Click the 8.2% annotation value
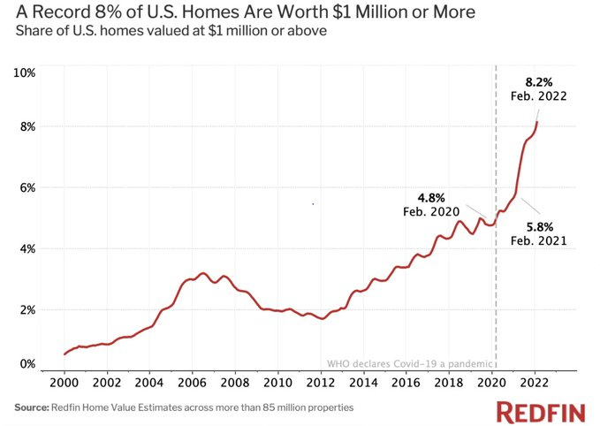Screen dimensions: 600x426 tap(538, 82)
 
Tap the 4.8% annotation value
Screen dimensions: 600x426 tap(431, 198)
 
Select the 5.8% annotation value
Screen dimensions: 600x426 tap(540, 227)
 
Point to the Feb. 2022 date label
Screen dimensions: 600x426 tap(538, 95)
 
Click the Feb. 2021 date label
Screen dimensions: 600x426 tap(538, 240)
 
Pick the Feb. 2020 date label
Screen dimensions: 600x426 tap(431, 211)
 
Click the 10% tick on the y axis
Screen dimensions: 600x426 tap(25, 72)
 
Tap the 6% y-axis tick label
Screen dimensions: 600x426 tap(27, 187)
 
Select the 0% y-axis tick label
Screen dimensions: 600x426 tap(27, 363)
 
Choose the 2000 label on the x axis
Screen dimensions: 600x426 tap(65, 383)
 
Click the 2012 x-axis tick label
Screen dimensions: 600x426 tap(321, 383)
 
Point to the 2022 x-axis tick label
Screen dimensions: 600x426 tap(535, 383)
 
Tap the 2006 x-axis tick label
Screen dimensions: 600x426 tap(193, 383)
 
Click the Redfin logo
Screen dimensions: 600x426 tap(541, 412)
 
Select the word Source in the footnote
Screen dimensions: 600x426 tap(32, 407)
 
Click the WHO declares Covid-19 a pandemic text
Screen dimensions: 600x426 tap(410, 363)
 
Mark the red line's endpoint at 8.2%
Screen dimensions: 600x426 tap(537, 122)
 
